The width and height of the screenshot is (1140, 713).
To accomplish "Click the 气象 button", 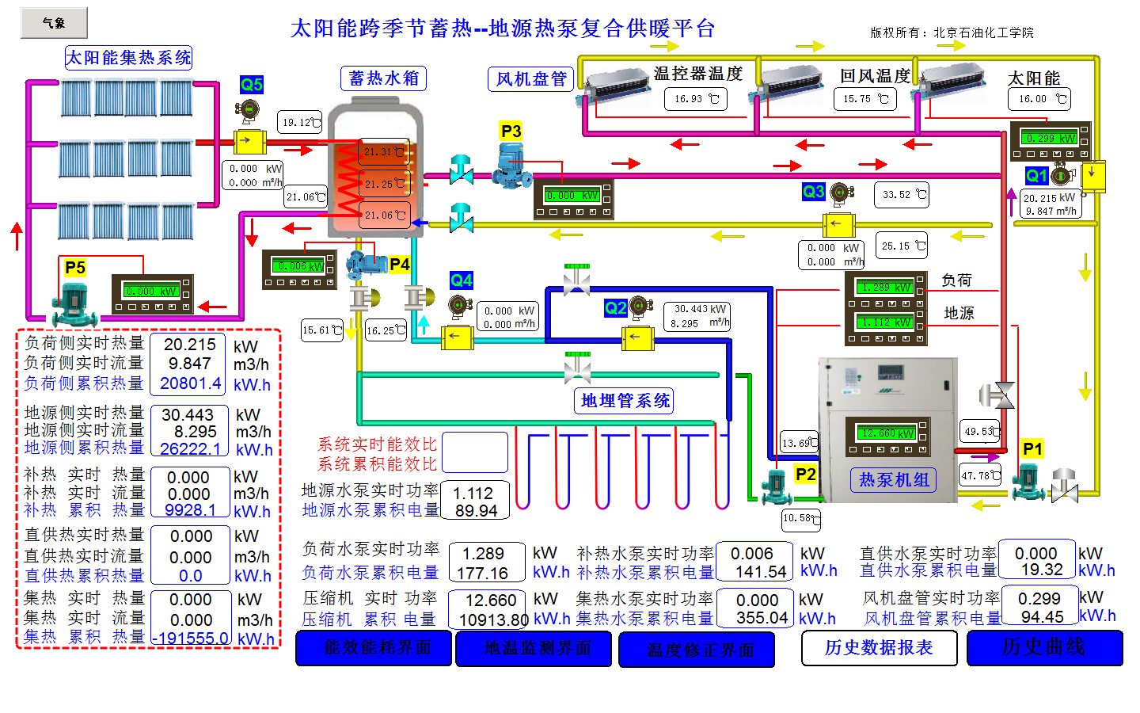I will tap(54, 23).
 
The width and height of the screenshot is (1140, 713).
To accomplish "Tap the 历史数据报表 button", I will tap(879, 648).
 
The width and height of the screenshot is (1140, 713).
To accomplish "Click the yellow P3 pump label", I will tap(511, 131).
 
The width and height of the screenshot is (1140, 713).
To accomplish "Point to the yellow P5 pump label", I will tap(75, 268).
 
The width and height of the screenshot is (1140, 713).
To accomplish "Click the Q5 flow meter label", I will tap(251, 85).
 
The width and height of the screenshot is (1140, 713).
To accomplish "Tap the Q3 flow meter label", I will tap(813, 191).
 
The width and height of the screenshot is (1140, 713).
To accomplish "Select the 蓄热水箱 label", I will tap(383, 78).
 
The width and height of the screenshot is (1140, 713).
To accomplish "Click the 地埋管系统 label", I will tap(625, 401).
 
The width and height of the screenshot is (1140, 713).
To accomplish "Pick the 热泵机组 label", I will tap(894, 480).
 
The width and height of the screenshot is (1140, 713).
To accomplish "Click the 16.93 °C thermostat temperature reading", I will tap(695, 99).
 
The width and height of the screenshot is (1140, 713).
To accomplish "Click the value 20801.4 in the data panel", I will tap(190, 383).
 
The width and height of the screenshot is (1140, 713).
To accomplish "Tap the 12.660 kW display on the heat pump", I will tap(887, 433).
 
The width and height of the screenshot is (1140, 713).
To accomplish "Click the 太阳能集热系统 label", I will tap(128, 58).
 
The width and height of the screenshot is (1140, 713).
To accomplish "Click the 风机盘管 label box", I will tap(530, 79).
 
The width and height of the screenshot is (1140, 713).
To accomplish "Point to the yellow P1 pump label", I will tap(1032, 449).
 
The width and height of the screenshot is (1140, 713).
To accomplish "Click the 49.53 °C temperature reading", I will tap(980, 432).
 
